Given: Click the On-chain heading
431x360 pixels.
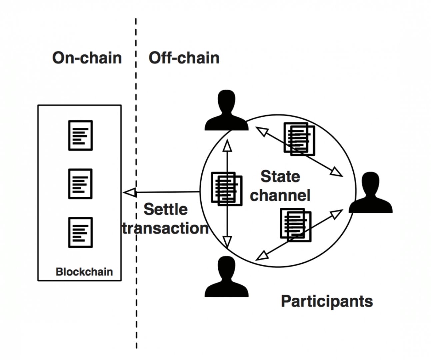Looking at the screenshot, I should click(x=87, y=58).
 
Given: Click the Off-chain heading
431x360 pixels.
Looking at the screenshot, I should click(x=184, y=58).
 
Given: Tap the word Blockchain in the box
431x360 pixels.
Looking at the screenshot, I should click(x=84, y=272).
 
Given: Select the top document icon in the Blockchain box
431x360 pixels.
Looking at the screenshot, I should click(x=80, y=135).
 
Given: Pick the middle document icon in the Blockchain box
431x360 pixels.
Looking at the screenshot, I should click(x=80, y=184).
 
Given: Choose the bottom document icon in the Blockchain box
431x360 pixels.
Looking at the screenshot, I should click(x=80, y=232).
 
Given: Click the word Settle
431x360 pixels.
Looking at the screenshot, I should click(x=165, y=209).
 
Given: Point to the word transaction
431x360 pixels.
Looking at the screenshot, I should click(x=165, y=228).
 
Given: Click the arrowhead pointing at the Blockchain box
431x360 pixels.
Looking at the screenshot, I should click(x=130, y=192).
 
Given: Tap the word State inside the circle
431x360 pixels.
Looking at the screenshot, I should click(x=280, y=176).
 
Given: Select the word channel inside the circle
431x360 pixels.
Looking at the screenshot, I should click(x=280, y=195).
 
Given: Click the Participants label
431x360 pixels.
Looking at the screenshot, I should click(x=327, y=301).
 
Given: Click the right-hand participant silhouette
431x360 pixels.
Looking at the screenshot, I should click(x=370, y=193).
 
